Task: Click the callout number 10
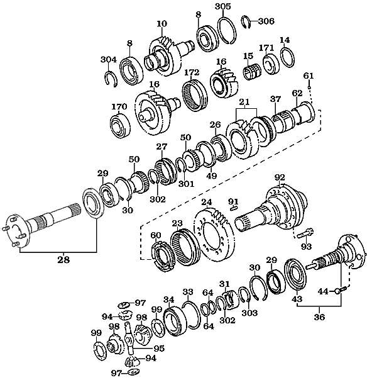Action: [x=161, y=23]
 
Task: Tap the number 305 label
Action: [x=223, y=7]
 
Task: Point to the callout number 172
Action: [x=191, y=72]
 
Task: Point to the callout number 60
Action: [x=156, y=236]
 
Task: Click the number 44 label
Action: [x=322, y=291]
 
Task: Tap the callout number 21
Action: [x=244, y=103]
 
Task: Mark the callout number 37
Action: [x=275, y=98]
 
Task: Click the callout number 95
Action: [x=160, y=347]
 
